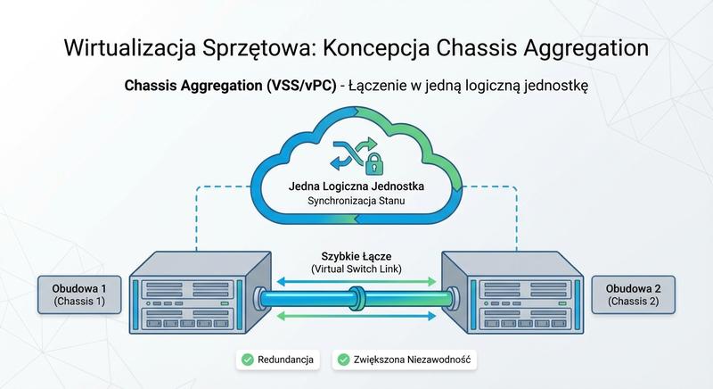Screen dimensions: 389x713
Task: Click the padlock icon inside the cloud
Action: [x=366, y=163]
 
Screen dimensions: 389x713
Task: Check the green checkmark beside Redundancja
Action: [x=245, y=360]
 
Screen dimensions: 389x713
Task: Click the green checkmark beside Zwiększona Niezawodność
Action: [x=342, y=360]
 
